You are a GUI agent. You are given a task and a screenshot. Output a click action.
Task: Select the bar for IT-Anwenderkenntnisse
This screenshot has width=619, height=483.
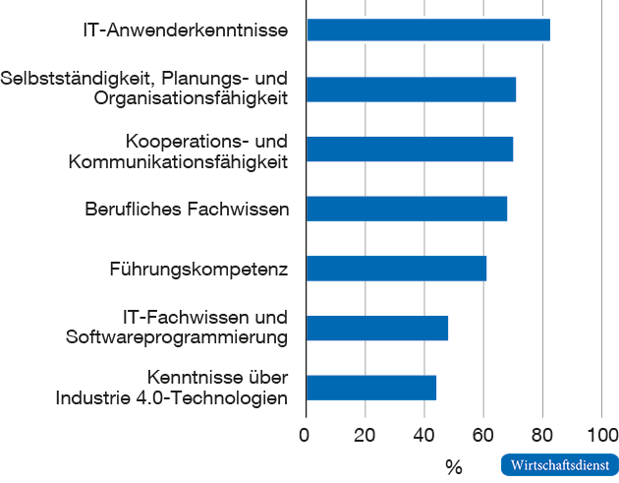tap(428, 30)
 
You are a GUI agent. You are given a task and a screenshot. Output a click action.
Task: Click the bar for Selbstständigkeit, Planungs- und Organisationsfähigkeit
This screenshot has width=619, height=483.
tap(411, 90)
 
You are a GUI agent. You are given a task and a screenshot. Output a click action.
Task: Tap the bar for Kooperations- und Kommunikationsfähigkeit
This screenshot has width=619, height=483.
tap(410, 150)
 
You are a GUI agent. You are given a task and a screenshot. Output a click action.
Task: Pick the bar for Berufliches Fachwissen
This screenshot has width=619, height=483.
tap(407, 209)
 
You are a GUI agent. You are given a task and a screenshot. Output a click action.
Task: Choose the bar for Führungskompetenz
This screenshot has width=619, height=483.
tap(397, 269)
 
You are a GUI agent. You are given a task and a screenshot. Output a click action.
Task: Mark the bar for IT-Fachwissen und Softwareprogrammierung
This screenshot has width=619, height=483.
tap(377, 328)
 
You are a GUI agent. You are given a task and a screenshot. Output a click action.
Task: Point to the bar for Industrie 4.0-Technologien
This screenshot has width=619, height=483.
tap(371, 388)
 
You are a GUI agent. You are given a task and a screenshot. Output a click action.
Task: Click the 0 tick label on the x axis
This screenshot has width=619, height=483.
tap(306, 435)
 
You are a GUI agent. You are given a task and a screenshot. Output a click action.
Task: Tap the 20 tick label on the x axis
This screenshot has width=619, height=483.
tap(366, 435)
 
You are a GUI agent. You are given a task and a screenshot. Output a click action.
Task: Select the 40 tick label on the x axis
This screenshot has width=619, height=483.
tap(424, 435)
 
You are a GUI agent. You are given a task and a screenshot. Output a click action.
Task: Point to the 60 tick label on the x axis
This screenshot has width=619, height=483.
tap(483, 435)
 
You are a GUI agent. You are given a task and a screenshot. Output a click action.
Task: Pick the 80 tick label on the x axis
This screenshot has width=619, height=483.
tap(543, 435)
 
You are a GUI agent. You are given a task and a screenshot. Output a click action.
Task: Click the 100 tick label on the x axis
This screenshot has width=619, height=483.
tap(601, 435)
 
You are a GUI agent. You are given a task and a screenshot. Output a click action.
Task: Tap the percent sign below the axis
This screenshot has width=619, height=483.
tap(453, 465)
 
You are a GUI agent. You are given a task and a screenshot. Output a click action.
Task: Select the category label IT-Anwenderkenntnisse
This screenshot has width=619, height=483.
tap(186, 30)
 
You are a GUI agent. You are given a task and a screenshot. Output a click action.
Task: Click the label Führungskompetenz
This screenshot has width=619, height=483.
tap(200, 269)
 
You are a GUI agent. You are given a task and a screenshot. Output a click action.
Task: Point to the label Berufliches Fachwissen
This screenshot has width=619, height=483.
tap(187, 210)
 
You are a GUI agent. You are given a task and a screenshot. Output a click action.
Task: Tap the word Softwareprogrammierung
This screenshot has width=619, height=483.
tap(177, 338)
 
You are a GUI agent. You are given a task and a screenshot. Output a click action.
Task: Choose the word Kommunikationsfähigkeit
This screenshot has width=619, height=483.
tap(178, 160)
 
